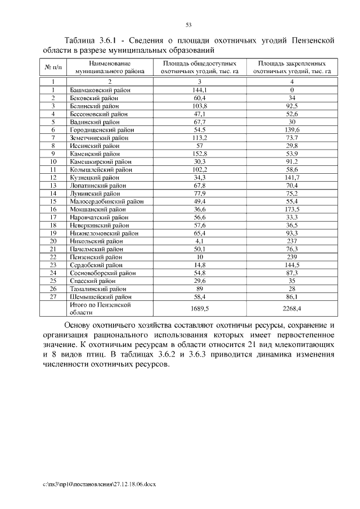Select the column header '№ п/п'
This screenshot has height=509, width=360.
52,68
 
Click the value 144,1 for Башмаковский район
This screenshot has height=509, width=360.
200,90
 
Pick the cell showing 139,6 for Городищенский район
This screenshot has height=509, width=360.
292,129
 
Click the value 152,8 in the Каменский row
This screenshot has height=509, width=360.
200,153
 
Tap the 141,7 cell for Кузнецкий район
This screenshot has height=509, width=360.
292,177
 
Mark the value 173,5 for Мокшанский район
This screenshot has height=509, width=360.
292,209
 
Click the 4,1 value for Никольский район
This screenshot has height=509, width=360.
200,240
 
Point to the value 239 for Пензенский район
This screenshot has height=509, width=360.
292,256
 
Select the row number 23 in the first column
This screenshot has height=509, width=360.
52,264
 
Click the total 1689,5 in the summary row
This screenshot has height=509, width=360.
200,308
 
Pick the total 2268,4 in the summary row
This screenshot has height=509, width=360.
292,308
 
